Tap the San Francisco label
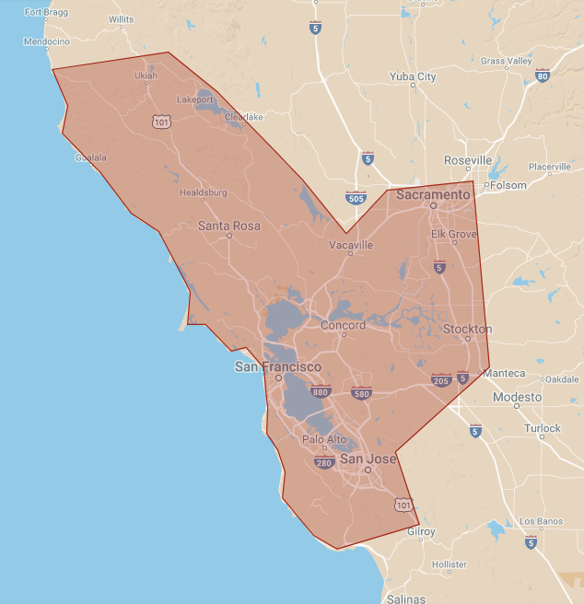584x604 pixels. [278, 366]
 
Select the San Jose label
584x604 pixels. [368, 459]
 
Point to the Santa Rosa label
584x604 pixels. [229, 226]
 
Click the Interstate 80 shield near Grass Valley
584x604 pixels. [543, 76]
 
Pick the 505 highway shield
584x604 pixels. [356, 197]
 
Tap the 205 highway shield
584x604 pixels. [442, 379]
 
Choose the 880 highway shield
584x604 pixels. [321, 392]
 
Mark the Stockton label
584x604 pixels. [468, 329]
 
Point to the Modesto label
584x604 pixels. [517, 397]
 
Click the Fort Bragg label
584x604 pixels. [46, 13]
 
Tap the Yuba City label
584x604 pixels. [414, 76]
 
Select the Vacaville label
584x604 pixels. [352, 246]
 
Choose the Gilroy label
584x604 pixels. [421, 532]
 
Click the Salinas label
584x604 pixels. [405, 598]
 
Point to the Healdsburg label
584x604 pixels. [203, 192]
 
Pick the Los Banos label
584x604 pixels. [541, 521]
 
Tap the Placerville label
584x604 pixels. [550, 167]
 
